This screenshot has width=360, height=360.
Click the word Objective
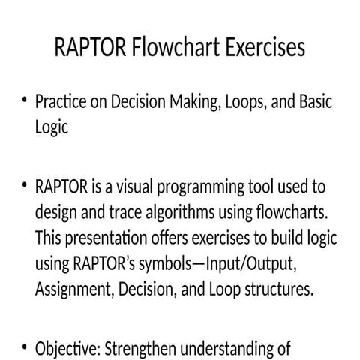pos(67,347)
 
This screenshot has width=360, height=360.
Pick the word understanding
pos(237,347)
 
